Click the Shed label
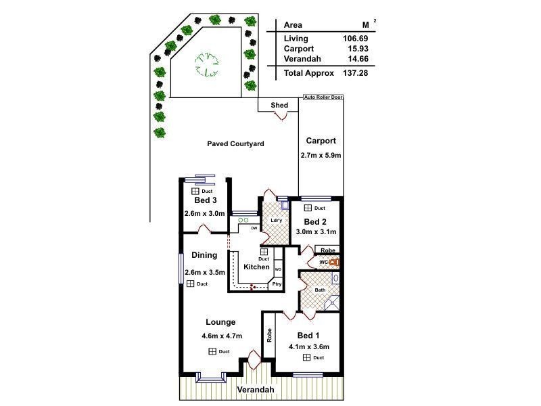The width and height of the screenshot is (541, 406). pos(279,105)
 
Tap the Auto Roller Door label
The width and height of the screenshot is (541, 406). pos(323,97)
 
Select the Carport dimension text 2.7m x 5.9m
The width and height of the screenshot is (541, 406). pos(321,156)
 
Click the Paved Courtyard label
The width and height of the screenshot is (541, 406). pos(235,143)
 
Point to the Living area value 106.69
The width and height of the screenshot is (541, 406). pos(356,39)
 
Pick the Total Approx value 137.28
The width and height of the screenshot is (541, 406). pos(356,73)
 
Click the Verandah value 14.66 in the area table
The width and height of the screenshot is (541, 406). pos(358,59)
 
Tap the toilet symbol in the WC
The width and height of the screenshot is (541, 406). pos(333,262)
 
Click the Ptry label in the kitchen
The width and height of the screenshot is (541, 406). pos(277,284)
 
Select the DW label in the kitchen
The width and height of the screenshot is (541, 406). pos(254,228)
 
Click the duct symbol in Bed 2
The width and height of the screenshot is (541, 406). pos(308,208)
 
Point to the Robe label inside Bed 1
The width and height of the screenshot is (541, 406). pos(269,335)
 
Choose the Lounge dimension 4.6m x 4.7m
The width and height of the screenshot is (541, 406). pos(222,336)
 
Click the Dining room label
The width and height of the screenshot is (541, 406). pos(204,255)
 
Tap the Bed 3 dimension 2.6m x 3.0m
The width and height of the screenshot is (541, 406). pos(205,213)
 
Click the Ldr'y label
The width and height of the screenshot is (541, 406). pos(277,221)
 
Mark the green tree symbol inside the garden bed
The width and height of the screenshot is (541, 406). pos(207,64)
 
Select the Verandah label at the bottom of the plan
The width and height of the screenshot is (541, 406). pos(256,390)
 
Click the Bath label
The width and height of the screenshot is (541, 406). pos(320,290)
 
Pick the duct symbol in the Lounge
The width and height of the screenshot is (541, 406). pos(212,351)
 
